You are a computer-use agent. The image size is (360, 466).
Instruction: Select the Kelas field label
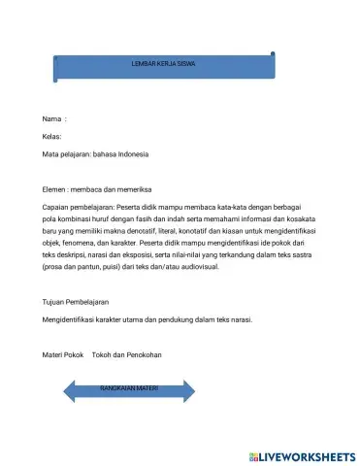pos(52,137)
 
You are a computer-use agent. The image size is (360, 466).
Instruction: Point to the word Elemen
pos(55,189)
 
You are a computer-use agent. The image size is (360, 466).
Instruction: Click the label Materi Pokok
pos(64,354)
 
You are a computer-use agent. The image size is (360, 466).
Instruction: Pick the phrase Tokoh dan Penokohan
pos(127,354)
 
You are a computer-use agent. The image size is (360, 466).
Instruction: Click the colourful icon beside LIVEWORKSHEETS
pos(253,454)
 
